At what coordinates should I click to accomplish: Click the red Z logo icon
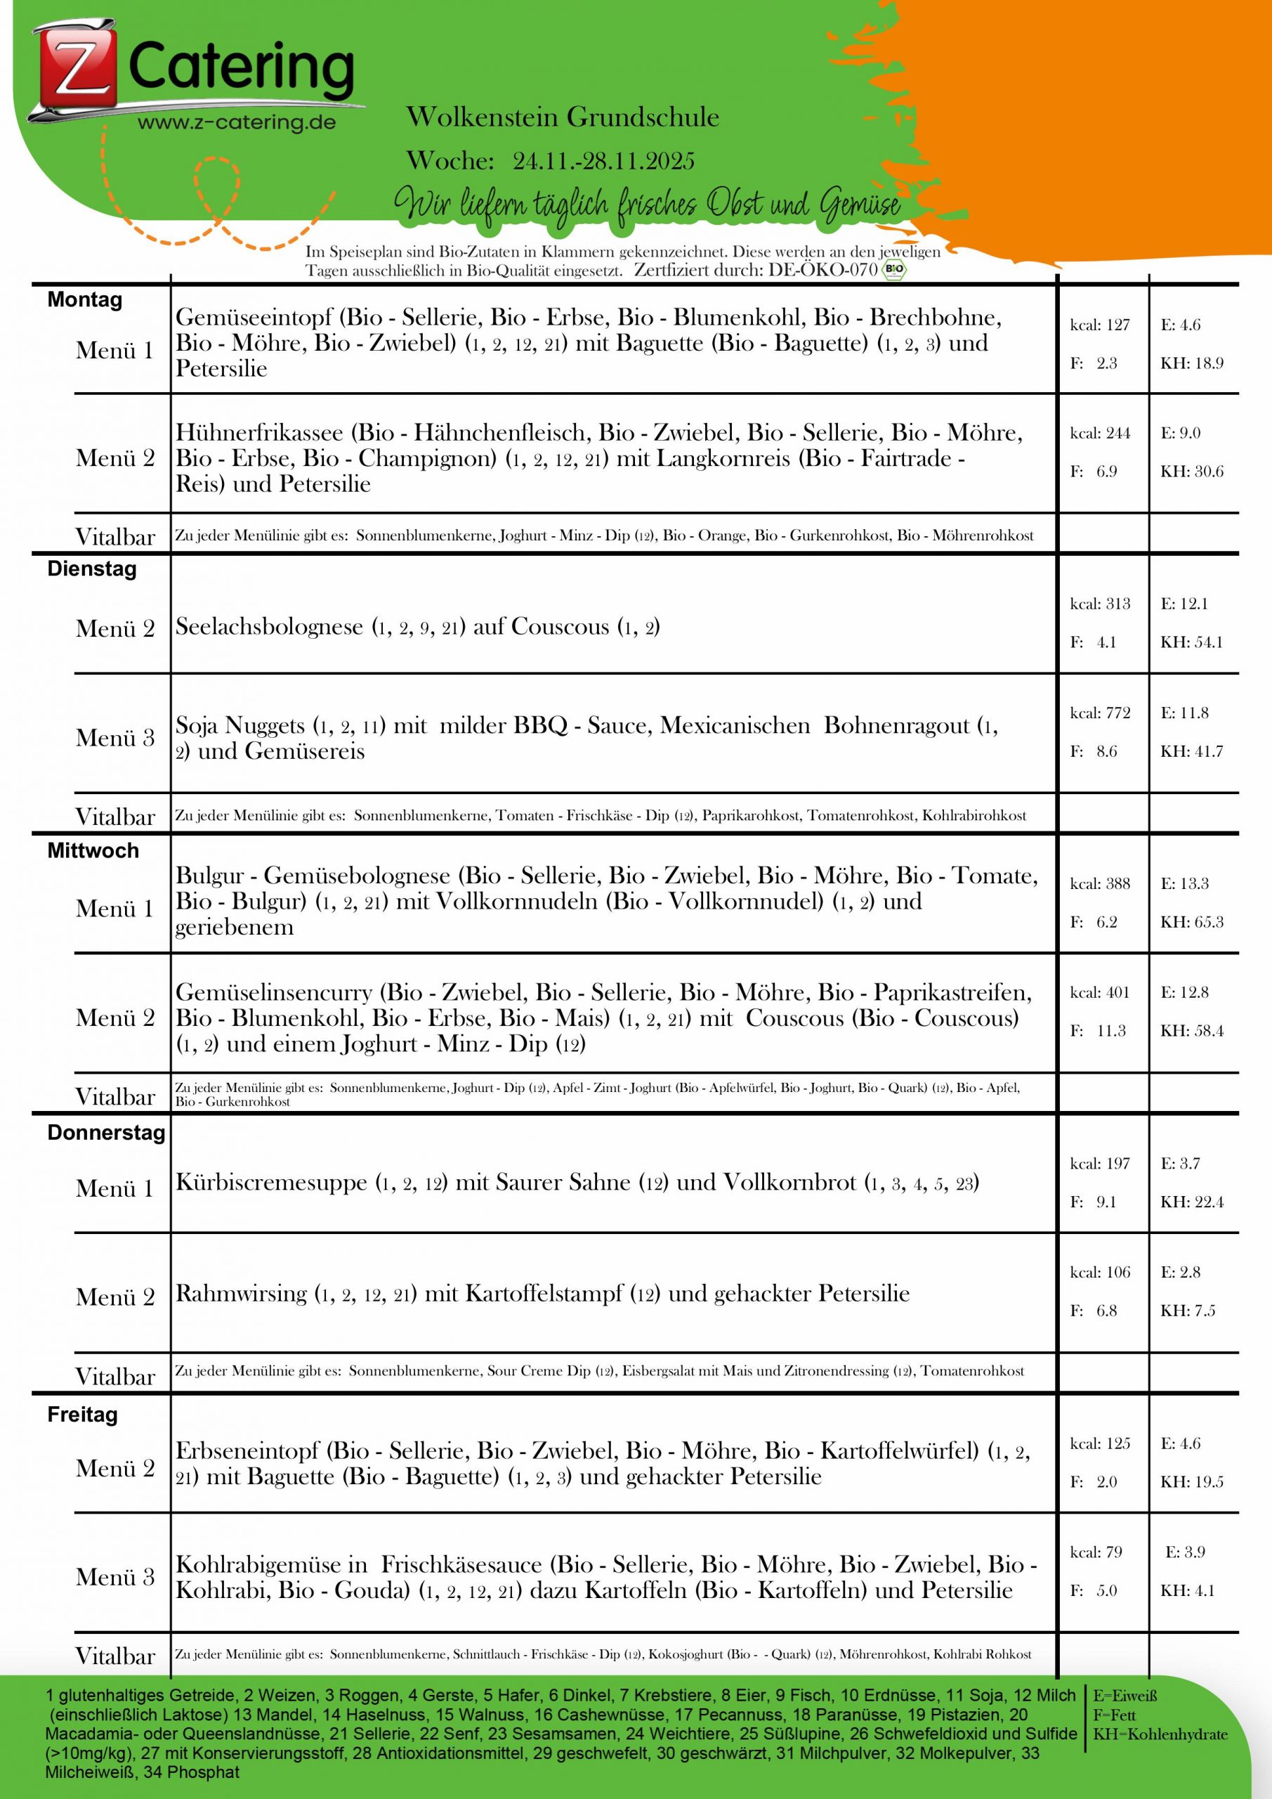point(75,70)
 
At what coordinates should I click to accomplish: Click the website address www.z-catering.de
point(237,122)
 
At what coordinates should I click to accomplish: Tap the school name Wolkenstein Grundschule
point(563,117)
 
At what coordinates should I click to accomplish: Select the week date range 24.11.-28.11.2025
point(603,161)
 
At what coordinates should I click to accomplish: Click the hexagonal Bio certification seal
point(893,271)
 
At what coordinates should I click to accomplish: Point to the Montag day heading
point(84,300)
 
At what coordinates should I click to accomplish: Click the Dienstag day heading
point(91,569)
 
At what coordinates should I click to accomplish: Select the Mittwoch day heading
point(93,850)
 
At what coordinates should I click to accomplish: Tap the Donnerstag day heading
point(106,1132)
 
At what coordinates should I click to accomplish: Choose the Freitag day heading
point(82,1415)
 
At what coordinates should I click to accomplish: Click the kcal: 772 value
point(1100,713)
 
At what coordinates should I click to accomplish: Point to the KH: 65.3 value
point(1191,921)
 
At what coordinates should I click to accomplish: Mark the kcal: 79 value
point(1096,1552)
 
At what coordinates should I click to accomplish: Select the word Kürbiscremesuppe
point(271,1183)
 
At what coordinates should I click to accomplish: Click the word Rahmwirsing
point(240,1293)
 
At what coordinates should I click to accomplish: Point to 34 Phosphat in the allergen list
point(192,1772)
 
